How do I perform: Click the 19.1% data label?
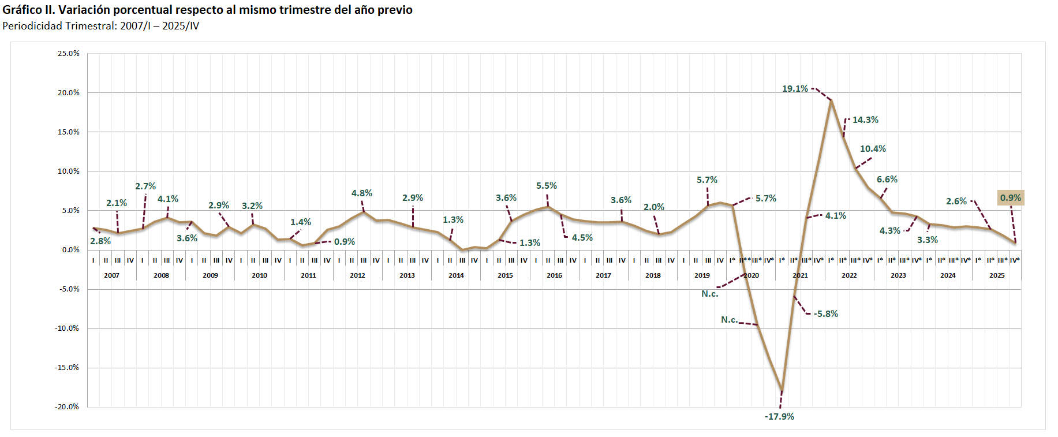[x=795, y=89]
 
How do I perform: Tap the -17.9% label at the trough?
[x=779, y=417]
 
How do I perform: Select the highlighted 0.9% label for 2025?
[x=1011, y=198]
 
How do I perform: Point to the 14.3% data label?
[x=865, y=120]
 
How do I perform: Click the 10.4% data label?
[x=873, y=149]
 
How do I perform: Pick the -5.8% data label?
[x=826, y=314]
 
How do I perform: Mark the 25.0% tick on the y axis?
[x=69, y=54]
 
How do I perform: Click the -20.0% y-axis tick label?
[x=67, y=407]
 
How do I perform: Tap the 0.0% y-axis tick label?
[x=71, y=250]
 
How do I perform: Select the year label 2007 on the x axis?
[x=111, y=275]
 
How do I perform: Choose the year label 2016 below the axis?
[x=554, y=275]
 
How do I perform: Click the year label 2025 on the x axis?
[x=997, y=275]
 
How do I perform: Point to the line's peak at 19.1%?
[x=831, y=100]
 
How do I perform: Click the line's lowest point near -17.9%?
[x=782, y=390]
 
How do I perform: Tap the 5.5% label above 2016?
[x=547, y=186]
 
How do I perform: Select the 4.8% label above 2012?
[x=362, y=193]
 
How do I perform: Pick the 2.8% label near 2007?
[x=100, y=241]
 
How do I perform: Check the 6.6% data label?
[x=887, y=180]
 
